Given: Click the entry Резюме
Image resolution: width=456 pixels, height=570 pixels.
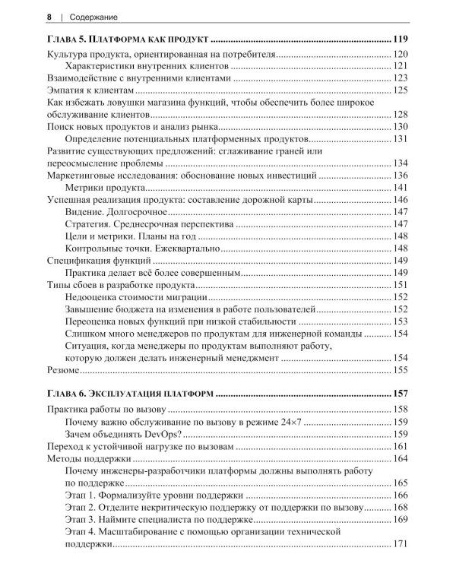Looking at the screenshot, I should [62, 370].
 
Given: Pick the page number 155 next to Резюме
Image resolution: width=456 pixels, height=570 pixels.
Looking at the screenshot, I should [401, 370].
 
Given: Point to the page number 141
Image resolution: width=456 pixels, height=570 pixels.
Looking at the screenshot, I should [401, 187].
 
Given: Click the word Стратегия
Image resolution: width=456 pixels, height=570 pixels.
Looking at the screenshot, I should [90, 224].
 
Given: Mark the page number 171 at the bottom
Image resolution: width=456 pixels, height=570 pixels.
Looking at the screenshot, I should [401, 544].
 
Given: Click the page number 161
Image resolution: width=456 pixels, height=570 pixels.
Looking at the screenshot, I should [401, 447].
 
